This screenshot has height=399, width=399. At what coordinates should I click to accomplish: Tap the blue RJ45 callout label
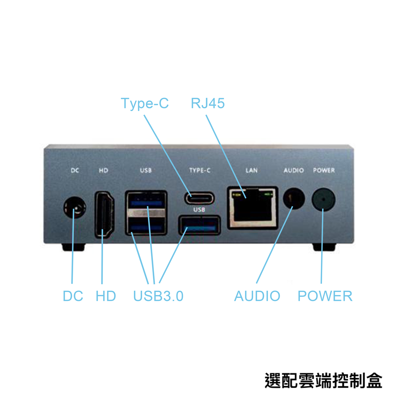[x=208, y=103]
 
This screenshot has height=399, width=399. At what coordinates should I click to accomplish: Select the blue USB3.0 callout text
[x=158, y=296]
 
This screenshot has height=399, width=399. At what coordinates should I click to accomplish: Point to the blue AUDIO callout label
[x=257, y=296]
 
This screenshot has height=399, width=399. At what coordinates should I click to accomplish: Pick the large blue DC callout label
[x=73, y=296]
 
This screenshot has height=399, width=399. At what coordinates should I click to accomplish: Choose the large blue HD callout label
[x=106, y=296]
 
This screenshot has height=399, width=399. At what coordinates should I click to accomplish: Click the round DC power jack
[x=75, y=207]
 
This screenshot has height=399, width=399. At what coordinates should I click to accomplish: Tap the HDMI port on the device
[x=104, y=215]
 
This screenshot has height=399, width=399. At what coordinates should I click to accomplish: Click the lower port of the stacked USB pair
[x=146, y=226]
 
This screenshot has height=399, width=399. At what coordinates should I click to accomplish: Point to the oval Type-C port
[x=199, y=198]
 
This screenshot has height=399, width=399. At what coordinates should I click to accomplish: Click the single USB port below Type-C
[x=199, y=225]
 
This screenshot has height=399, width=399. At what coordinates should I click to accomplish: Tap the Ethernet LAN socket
[x=253, y=208]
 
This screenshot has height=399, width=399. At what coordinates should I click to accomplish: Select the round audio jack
[x=294, y=199]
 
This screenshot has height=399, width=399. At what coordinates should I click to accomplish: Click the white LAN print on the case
[x=252, y=171]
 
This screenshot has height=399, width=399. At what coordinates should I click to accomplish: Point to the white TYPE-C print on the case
[x=200, y=171]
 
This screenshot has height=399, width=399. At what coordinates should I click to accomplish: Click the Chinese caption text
[x=323, y=381]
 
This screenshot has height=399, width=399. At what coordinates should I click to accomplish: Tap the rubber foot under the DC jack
[x=73, y=247]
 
